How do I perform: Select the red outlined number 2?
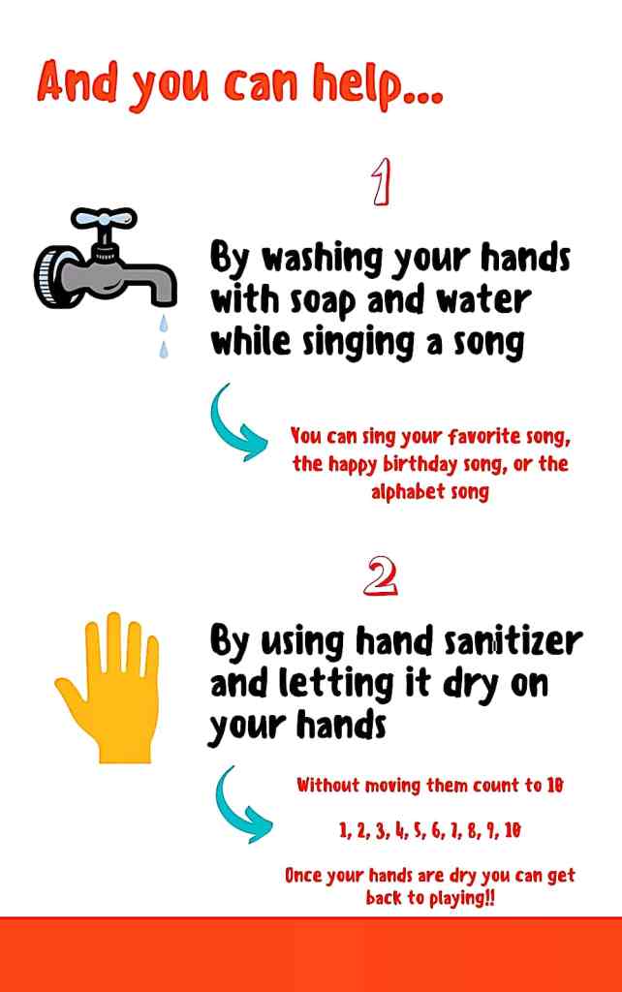click(381, 575)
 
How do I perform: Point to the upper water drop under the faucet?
click(164, 324)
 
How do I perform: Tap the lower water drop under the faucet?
click(164, 349)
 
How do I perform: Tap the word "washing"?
click(323, 258)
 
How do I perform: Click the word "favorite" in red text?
click(476, 436)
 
